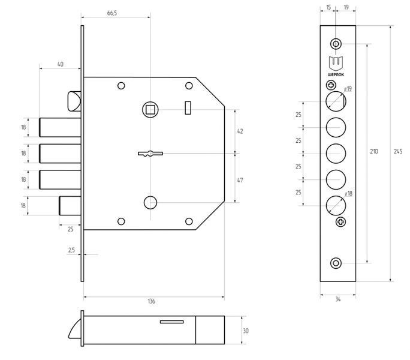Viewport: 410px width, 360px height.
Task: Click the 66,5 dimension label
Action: (112, 13)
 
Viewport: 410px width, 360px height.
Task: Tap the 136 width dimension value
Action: (152, 301)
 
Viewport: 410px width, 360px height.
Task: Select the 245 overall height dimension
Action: (398, 152)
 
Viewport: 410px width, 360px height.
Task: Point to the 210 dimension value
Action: (374, 152)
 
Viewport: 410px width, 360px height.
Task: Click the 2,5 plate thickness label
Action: (71, 250)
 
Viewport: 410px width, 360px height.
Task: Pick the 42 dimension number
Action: (240, 131)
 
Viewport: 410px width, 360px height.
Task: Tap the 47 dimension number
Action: (240, 180)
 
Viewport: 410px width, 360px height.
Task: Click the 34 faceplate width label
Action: (338, 299)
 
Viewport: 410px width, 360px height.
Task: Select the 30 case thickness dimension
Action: (246, 331)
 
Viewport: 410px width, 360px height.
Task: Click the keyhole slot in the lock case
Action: (150, 154)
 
